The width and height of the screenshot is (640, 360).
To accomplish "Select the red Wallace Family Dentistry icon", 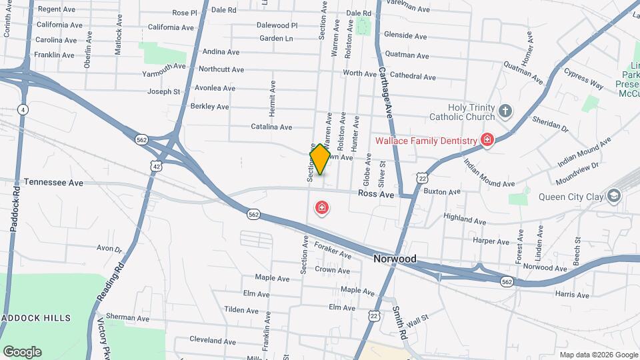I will coord(487,140).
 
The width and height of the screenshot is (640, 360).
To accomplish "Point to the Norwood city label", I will coord(395,259).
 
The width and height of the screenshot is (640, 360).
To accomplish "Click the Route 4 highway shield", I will coord(23,109).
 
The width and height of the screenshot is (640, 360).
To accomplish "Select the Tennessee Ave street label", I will coord(53,182).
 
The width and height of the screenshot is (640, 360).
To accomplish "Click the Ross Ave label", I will coord(376,194).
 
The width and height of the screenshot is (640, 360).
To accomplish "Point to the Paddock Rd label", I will coord(14,207).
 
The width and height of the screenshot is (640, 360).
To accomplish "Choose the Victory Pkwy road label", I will coord(103,337).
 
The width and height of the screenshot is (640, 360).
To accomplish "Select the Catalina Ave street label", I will coord(271,127).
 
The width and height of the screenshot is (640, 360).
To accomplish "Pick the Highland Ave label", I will coord(465,219).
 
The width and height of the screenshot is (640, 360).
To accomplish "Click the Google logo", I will coord(22,351).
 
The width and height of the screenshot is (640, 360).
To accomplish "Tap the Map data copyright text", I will coord(598,355).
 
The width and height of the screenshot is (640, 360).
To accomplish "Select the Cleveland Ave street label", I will coord(214,339).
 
